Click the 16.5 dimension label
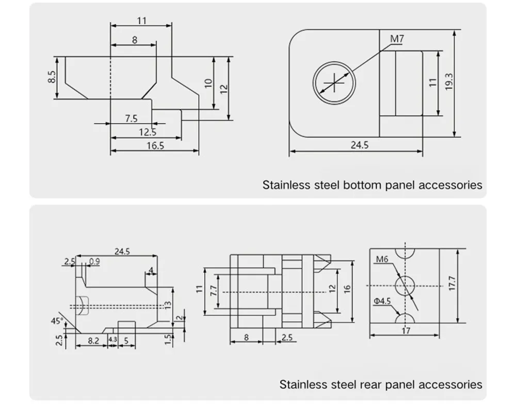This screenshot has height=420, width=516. tap(155, 146)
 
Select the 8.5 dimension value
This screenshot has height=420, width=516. tap(51, 77)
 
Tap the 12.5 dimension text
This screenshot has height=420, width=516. tap(147, 132)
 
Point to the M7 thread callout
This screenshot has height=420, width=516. tap(396, 39)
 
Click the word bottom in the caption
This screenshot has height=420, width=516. tap(365, 185)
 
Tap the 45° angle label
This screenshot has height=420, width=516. tap(57, 321)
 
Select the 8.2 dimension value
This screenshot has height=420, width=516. tap(93, 340)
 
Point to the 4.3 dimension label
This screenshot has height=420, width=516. tap(112, 340)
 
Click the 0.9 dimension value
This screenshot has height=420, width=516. tap(94, 261)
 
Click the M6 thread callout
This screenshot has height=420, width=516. tap(382, 259)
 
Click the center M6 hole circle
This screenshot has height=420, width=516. tap(406, 285)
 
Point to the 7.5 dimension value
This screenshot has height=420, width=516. tap(132, 119)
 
